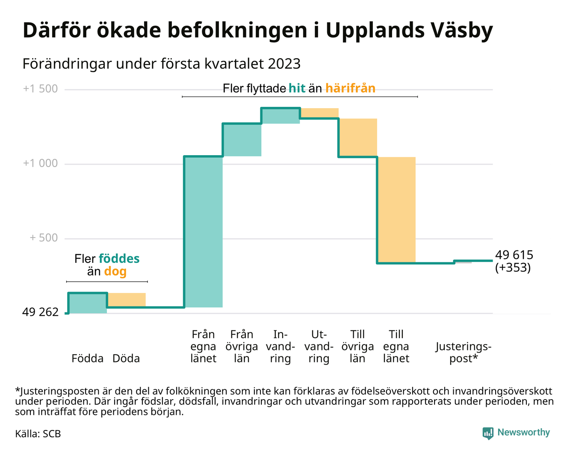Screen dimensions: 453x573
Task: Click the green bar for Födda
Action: coord(88,303)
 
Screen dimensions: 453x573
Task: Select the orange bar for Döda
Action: coord(127,300)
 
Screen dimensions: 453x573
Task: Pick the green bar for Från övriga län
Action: coord(242,140)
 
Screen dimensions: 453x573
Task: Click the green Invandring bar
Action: coord(281,116)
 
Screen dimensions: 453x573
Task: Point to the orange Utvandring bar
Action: coord(319,113)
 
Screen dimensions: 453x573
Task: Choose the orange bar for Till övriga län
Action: coord(358,138)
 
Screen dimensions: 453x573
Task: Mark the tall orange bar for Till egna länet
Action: coord(396,209)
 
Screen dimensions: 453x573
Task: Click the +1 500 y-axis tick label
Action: coord(40,89)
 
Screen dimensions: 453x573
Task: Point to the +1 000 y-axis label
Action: coord(40,163)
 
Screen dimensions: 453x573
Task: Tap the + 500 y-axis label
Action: coord(44,238)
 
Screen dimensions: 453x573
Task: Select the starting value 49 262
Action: coord(40,312)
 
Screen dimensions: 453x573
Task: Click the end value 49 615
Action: coord(514,255)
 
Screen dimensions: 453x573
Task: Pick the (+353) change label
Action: coord(513,268)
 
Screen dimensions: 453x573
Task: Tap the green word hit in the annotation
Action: coord(297,88)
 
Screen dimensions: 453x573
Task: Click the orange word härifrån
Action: coord(350,88)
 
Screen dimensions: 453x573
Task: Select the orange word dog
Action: coord(115,271)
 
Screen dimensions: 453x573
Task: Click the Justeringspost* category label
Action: coord(464,352)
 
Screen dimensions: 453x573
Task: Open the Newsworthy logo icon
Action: coord(487,433)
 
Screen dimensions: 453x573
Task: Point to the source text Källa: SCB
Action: coord(38,434)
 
